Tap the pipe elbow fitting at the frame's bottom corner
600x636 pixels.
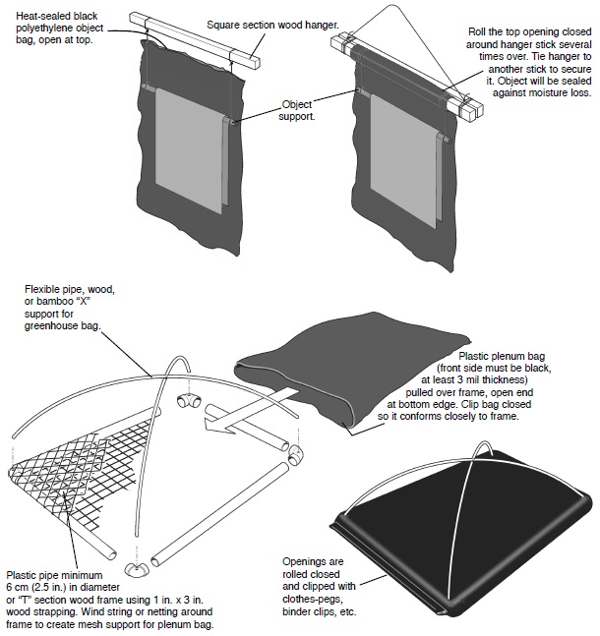(139, 569)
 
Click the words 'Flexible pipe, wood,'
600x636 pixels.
(80, 290)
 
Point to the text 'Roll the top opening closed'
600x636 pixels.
(530, 32)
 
